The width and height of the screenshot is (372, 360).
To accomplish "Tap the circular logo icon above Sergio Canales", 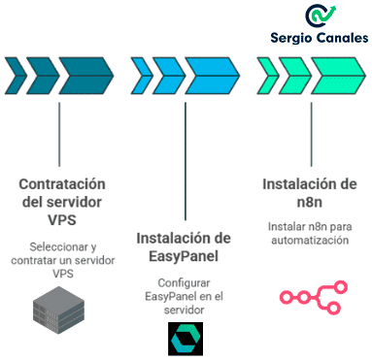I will [x=321, y=16].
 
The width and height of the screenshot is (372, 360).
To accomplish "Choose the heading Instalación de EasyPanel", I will [x=183, y=246].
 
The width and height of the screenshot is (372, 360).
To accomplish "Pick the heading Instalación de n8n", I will [x=309, y=194].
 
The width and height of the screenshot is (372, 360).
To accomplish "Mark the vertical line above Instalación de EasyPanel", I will [x=184, y=155].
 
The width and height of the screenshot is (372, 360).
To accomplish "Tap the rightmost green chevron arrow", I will [x=335, y=72].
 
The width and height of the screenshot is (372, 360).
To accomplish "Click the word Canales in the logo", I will [x=342, y=40].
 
